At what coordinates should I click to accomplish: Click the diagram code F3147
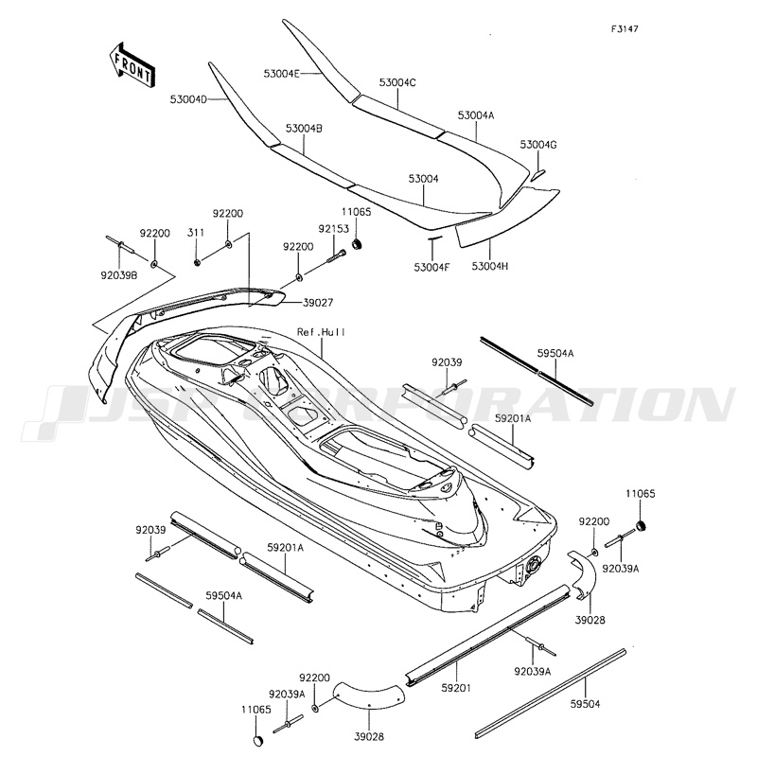[625, 28]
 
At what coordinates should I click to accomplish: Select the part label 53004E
[282, 73]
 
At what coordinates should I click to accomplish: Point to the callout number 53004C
[397, 83]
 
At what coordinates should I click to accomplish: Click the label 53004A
[476, 114]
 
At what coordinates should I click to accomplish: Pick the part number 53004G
[538, 145]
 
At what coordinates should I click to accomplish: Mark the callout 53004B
[304, 127]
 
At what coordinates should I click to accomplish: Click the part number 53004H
[490, 267]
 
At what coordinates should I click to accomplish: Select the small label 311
[196, 233]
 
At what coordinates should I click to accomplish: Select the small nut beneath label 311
[197, 260]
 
